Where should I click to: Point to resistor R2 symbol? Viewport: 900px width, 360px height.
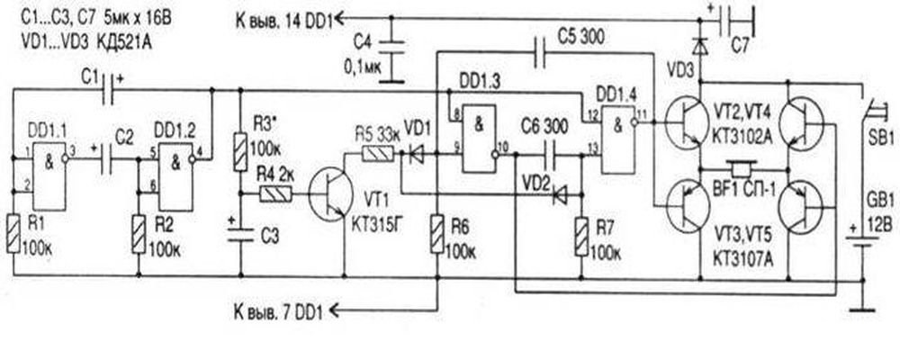click(139, 232)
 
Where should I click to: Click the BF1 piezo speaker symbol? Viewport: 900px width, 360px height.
click(741, 170)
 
